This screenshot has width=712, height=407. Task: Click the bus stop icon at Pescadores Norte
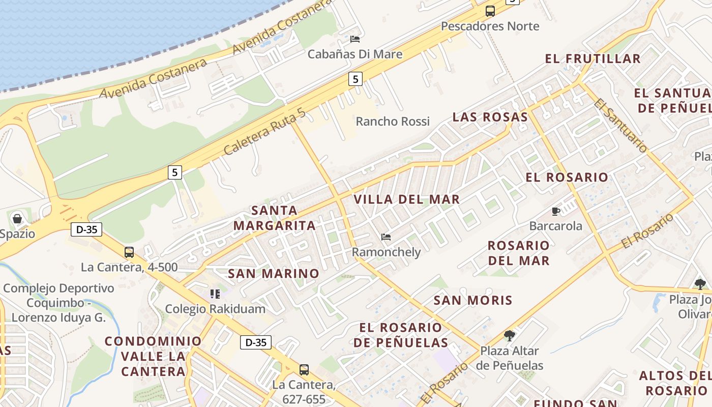490,11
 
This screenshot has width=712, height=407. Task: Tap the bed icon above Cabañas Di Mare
355,39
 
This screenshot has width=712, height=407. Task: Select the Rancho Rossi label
392,122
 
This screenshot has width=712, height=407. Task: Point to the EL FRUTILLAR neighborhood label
592,59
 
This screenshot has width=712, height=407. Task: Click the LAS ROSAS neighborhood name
490,117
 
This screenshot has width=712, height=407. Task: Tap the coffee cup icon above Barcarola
555,211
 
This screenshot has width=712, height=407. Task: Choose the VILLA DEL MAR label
406,199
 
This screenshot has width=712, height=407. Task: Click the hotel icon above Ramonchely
386,237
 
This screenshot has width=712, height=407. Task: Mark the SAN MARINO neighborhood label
274,274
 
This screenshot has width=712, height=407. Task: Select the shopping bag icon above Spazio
17,219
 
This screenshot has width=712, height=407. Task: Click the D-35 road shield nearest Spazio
86,229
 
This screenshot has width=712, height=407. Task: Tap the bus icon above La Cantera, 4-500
129,252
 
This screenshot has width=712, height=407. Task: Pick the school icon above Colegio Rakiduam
215,294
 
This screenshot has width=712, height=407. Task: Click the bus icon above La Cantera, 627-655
304,370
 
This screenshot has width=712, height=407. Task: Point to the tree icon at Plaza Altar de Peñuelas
509,336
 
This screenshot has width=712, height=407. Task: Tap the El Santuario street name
620,125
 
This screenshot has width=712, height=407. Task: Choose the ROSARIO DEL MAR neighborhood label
518,253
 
